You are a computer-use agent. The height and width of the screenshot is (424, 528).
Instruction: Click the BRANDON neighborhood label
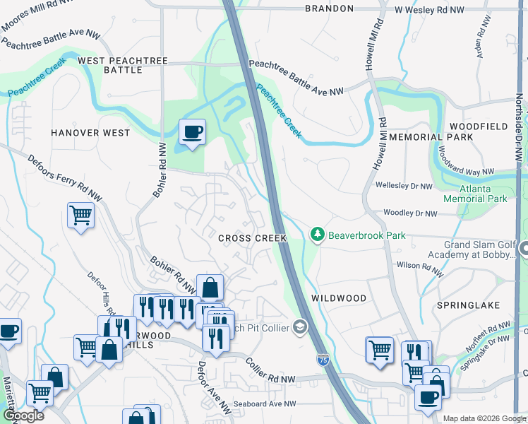(329, 8)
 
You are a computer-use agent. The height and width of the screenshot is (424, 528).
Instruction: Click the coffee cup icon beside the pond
(191, 131)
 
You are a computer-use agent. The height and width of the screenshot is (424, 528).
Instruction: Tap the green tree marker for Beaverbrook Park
(318, 235)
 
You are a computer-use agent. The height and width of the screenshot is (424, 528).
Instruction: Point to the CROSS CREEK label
(252, 239)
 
